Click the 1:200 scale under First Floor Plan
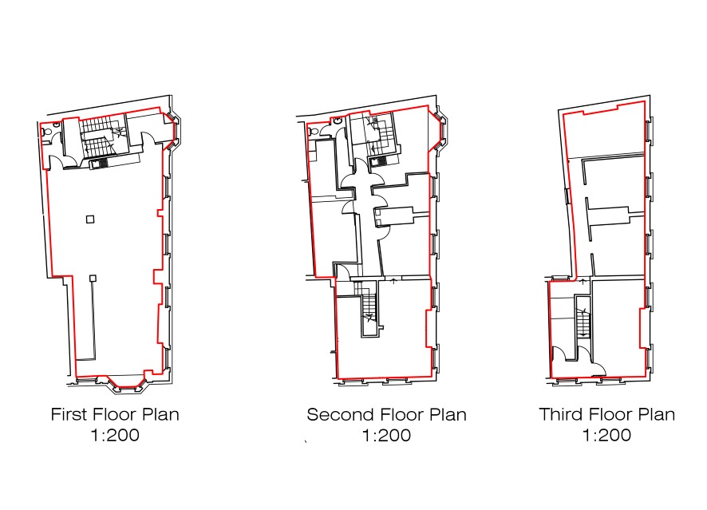pos(115,435)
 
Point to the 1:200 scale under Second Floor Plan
pos(387,436)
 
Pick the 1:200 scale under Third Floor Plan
pos(607,435)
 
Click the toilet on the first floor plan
pos(47,132)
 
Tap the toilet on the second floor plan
pos(314,131)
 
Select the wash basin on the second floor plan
pos(337,121)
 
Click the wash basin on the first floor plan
pos(57,124)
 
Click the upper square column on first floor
pos(90,219)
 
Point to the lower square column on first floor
pos(93,279)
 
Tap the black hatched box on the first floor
pos(99,163)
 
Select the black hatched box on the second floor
pos(379,160)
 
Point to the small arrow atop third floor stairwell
pos(583,282)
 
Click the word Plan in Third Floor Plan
pos(657,414)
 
